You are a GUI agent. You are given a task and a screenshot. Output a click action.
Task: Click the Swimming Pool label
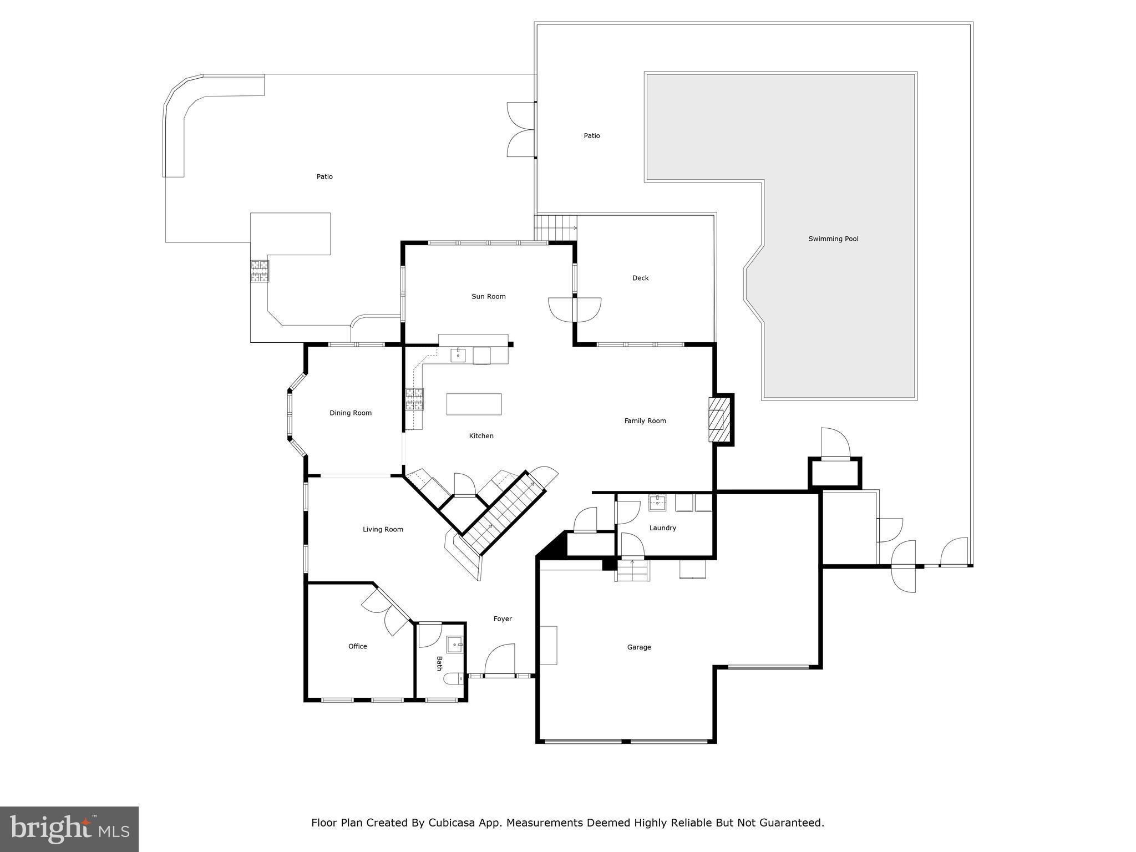click(x=833, y=239)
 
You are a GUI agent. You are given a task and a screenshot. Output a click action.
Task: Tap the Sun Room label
click(x=488, y=297)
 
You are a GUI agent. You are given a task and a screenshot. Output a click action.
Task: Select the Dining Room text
click(x=351, y=413)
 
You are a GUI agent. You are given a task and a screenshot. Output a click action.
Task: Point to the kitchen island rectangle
click(x=474, y=404)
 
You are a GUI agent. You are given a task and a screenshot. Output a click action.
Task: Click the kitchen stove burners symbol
click(x=414, y=399)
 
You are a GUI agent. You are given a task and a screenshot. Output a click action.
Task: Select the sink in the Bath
click(x=455, y=645)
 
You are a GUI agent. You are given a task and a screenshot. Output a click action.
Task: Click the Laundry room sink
click(x=657, y=504)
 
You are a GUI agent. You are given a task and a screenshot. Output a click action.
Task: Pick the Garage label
click(x=639, y=647)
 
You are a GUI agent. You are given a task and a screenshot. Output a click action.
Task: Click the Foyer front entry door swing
click(x=500, y=660)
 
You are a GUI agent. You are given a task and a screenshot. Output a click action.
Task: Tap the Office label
click(x=358, y=646)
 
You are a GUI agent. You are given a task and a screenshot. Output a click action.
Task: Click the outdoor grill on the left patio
click(x=259, y=271)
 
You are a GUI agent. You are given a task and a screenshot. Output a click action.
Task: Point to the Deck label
click(x=640, y=278)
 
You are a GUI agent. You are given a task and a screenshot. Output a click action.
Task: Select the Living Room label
click(x=383, y=530)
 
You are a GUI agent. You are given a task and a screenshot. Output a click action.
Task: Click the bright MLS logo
click(x=69, y=829)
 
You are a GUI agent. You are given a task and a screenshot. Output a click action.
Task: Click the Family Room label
click(x=645, y=421)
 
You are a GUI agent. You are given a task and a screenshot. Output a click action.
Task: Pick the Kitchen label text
click(x=481, y=436)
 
